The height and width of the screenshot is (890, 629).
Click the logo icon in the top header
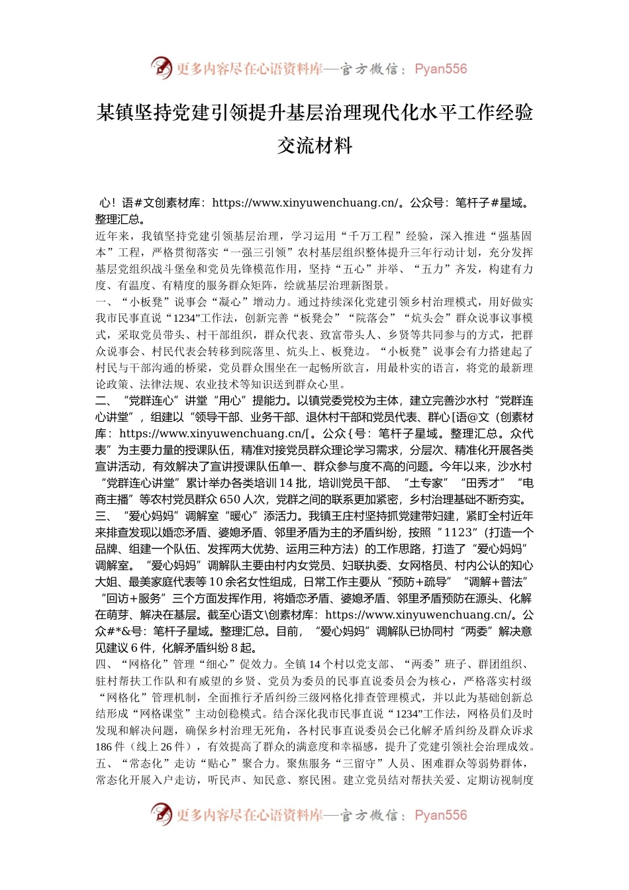point(161,68)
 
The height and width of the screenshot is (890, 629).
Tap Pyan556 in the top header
point(440,69)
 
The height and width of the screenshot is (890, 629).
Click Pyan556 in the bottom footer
point(440,815)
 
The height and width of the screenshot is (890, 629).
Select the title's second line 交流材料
point(314,146)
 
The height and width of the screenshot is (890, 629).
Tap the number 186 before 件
point(104,747)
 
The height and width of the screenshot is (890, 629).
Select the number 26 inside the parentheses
point(166,747)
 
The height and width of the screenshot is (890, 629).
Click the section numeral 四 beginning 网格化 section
point(101,664)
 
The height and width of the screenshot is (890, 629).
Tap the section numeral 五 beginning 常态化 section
point(101,764)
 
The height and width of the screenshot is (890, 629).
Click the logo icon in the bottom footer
point(161,814)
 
